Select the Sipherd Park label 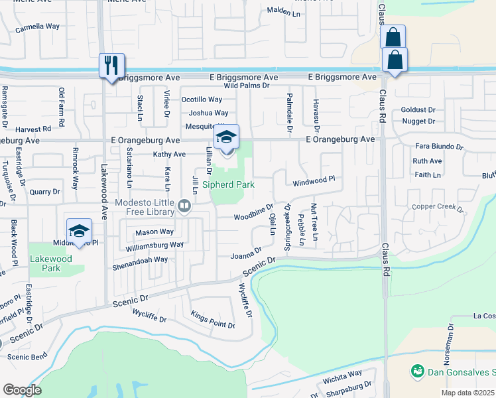click(x=228, y=185)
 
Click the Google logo click(x=22, y=390)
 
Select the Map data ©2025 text click(x=467, y=393)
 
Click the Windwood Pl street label click(x=314, y=179)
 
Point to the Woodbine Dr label click(x=253, y=214)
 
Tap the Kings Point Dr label click(x=212, y=319)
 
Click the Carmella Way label click(x=37, y=27)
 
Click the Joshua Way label click(x=208, y=113)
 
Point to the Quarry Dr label click(x=44, y=192)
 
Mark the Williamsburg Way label click(x=154, y=245)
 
